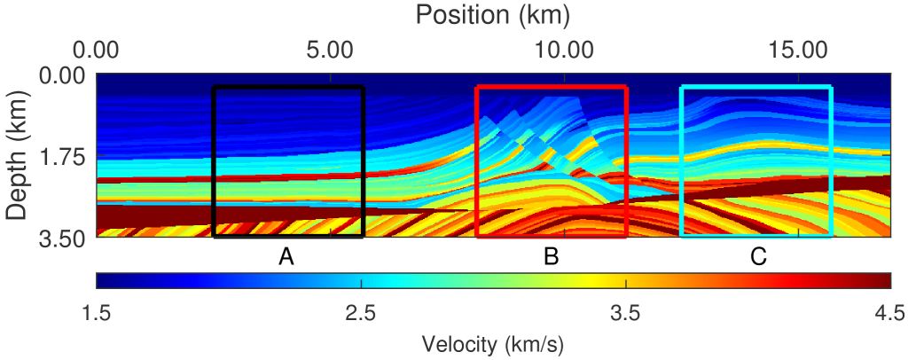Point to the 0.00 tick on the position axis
[x=97, y=46]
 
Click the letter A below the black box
[x=286, y=257]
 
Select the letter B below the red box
[x=551, y=257]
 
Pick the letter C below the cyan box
[x=758, y=257]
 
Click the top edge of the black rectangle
[x=288, y=87]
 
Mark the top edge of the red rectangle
[x=552, y=87]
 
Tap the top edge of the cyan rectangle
[x=756, y=87]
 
